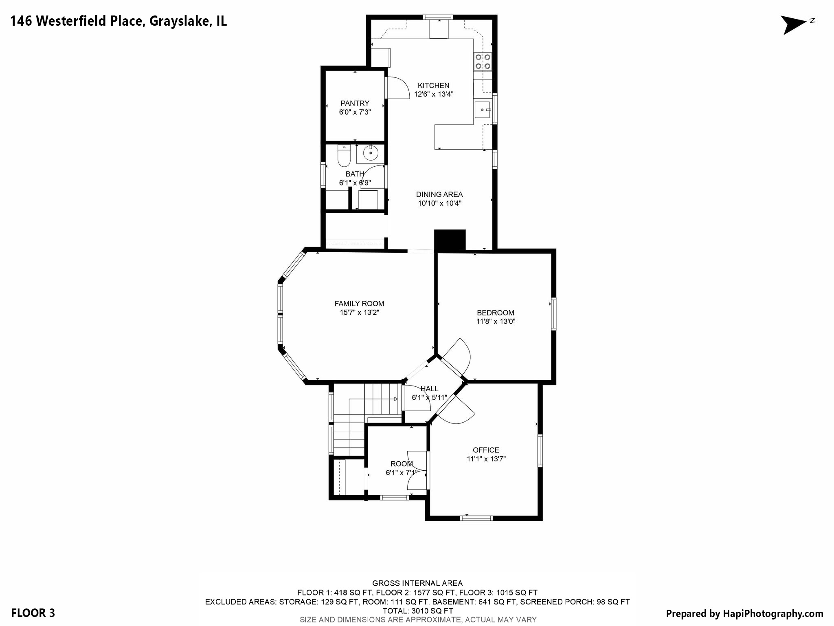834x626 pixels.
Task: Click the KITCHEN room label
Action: [433, 86]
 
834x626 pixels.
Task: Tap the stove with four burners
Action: [483, 62]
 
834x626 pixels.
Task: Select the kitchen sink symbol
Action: [482, 110]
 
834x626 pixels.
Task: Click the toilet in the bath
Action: [344, 156]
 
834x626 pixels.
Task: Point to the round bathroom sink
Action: [370, 154]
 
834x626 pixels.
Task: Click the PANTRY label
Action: [355, 104]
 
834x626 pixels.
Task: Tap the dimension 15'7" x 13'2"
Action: [359, 313]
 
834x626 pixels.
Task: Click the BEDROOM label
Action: [495, 313]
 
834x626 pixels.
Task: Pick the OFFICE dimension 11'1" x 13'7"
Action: [486, 459]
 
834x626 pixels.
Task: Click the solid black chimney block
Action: [450, 240]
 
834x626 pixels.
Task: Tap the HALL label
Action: [429, 389]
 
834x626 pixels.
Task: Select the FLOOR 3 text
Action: [33, 613]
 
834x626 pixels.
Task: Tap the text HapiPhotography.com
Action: [773, 613]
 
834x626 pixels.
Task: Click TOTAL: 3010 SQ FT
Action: [417, 611]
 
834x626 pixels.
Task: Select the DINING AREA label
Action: [439, 195]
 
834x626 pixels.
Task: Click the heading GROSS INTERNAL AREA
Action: [417, 583]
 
